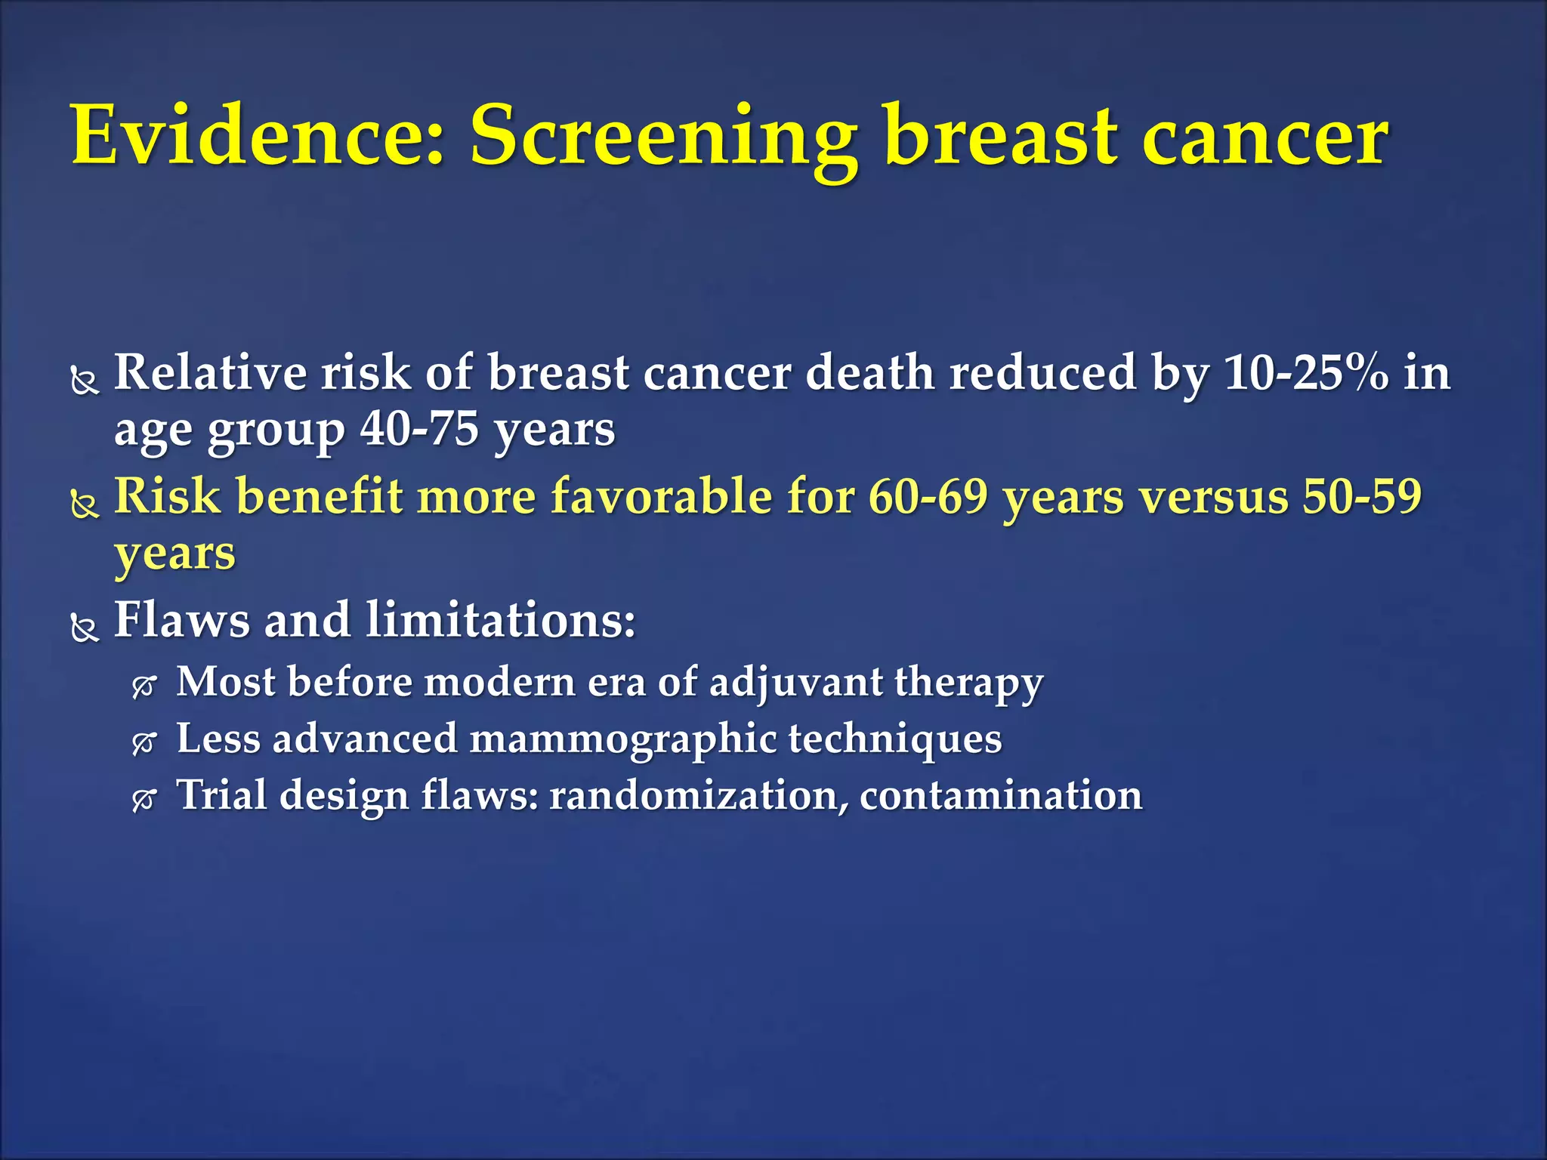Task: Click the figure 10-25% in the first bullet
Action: (1306, 373)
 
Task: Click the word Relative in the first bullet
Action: (210, 373)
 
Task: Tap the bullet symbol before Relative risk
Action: (85, 381)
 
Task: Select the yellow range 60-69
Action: (928, 497)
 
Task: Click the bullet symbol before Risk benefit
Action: (85, 504)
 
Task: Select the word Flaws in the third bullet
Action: (181, 620)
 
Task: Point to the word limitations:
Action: (501, 620)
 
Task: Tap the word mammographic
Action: (623, 740)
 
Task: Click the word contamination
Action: (1001, 795)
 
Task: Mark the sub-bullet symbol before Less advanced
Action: (144, 744)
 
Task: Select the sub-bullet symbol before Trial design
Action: (144, 800)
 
